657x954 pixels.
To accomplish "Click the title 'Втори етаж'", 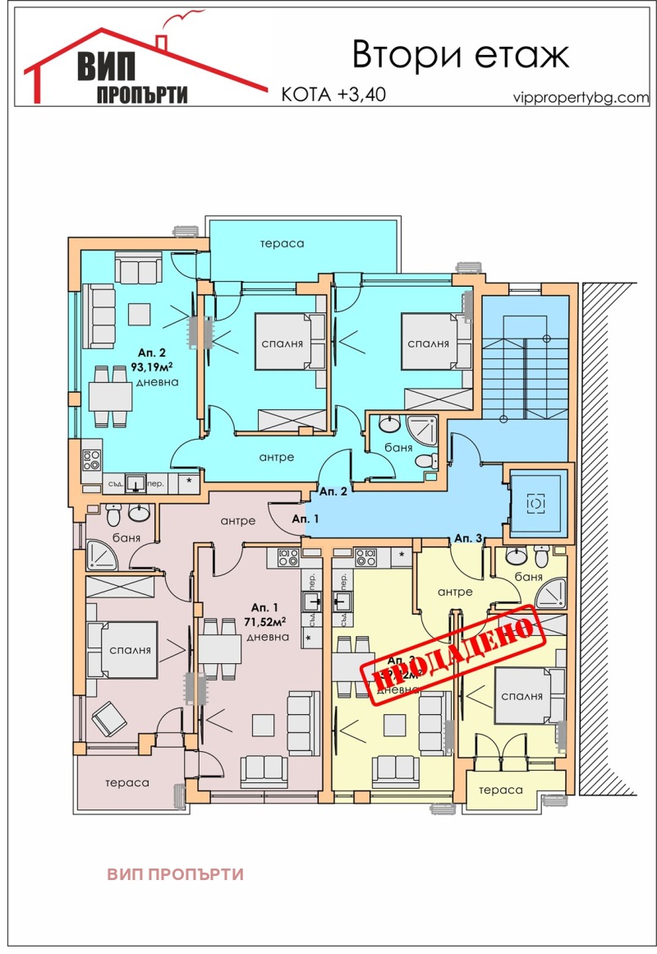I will coord(460,55).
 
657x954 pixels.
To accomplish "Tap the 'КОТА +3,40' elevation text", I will coord(333,94).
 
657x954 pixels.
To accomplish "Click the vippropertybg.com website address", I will coord(580,96).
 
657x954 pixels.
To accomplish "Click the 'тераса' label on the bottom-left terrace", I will coord(126,782).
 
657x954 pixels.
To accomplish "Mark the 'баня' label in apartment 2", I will coord(398,448).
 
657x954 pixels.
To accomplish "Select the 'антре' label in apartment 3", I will coord(455,592).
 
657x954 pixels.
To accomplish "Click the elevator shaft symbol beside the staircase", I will coord(536,501).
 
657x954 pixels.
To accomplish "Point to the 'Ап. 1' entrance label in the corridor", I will coord(306,518).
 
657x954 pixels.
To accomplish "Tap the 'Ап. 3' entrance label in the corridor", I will coord(468,537).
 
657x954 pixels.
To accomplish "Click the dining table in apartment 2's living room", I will coord(110,396).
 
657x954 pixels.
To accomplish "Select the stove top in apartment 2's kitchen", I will coord(90,460).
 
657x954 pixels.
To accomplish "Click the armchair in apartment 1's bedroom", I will coord(109,721).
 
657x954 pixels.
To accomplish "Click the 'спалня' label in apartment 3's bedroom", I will coord(524,695).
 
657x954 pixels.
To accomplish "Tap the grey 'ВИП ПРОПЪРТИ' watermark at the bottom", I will coord(175,874).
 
